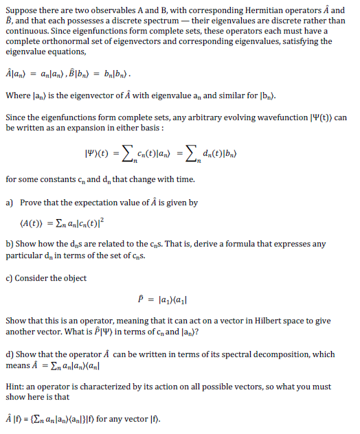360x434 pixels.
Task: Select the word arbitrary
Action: tap(211, 117)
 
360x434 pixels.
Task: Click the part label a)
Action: tap(10, 203)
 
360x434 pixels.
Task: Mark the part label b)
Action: tap(10, 244)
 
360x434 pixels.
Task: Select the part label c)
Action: tap(9, 277)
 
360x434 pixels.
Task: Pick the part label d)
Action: tap(10, 354)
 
